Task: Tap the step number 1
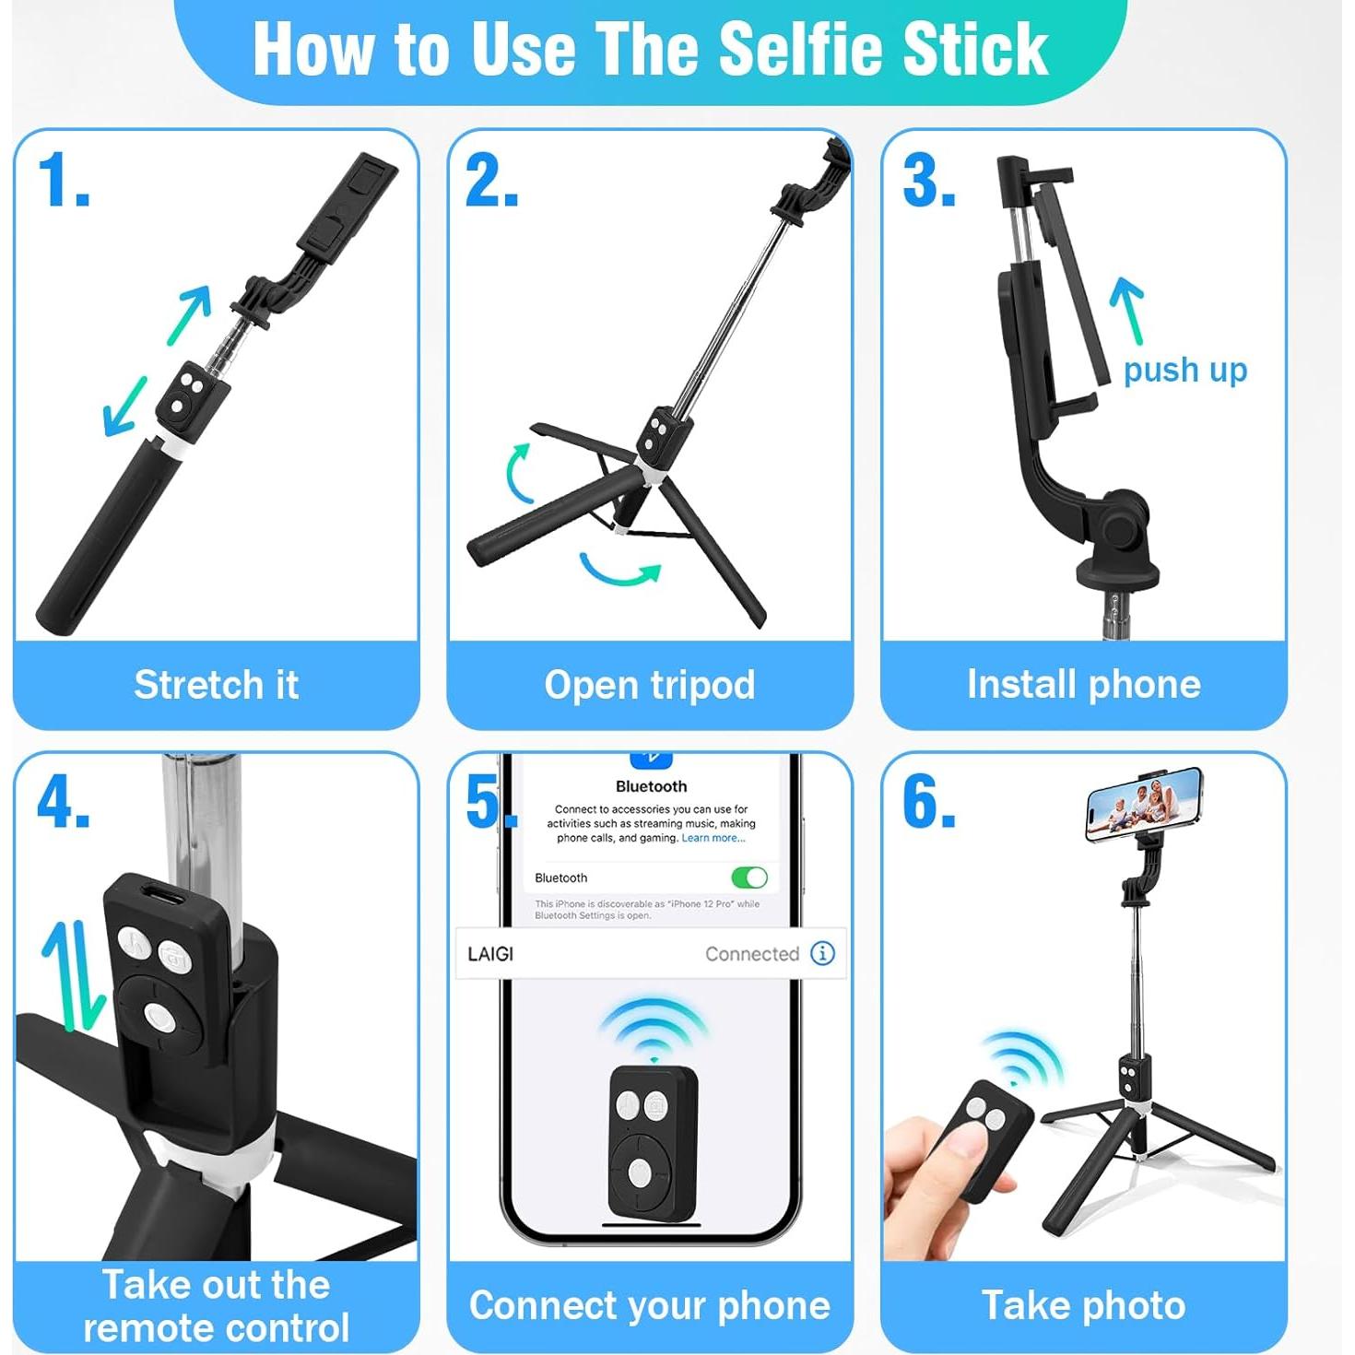pyautogui.click(x=63, y=181)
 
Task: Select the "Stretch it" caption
pyautogui.click(x=217, y=685)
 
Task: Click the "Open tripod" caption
pyautogui.click(x=650, y=685)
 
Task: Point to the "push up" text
pyautogui.click(x=1184, y=370)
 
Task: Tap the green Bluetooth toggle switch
pyautogui.click(x=748, y=877)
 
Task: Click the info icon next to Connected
pyautogui.click(x=822, y=953)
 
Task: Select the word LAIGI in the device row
pyautogui.click(x=490, y=954)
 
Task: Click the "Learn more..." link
pyautogui.click(x=713, y=838)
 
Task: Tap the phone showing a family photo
pyautogui.click(x=1144, y=803)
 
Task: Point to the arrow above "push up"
pyautogui.click(x=1127, y=309)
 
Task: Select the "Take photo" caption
pyautogui.click(x=1083, y=1305)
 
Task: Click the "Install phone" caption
pyautogui.click(x=1083, y=684)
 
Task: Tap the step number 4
pyautogui.click(x=63, y=802)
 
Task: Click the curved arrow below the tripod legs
pyautogui.click(x=620, y=571)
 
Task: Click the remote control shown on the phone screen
pyautogui.click(x=652, y=1141)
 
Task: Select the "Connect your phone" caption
pyautogui.click(x=650, y=1305)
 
